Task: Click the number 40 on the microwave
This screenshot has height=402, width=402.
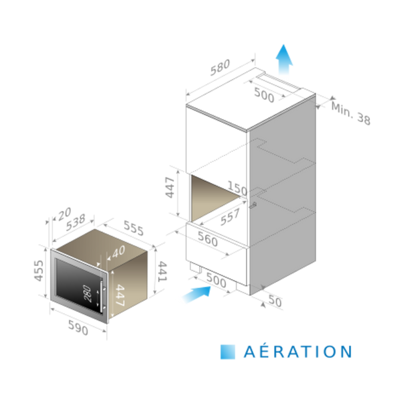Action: coord(119,252)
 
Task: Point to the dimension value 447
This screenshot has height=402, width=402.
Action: coord(120,295)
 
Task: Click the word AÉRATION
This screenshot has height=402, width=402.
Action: coord(295,351)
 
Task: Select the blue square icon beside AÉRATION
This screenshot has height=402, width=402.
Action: coord(227,351)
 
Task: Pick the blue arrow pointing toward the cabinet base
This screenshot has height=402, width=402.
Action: coord(194,295)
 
